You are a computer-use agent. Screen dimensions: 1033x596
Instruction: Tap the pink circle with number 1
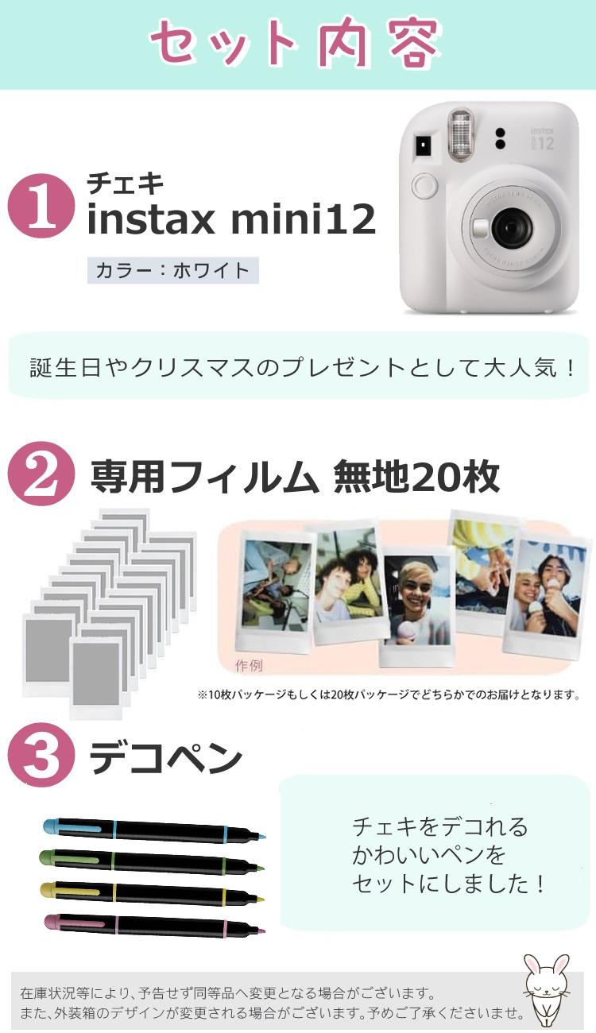click(x=41, y=206)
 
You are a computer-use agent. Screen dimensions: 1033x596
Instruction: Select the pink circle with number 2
click(x=41, y=474)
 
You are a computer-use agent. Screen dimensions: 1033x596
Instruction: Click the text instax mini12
click(x=230, y=219)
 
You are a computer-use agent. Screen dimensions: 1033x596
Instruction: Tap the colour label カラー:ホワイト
click(x=172, y=270)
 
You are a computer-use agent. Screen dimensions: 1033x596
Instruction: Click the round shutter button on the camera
click(x=424, y=188)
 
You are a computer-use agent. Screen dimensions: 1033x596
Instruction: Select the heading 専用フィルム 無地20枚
click(x=294, y=477)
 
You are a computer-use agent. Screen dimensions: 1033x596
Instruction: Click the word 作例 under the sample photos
click(x=249, y=665)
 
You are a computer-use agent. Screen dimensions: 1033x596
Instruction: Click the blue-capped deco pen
click(x=151, y=831)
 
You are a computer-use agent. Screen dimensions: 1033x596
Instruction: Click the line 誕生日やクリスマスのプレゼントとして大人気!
click(x=301, y=368)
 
